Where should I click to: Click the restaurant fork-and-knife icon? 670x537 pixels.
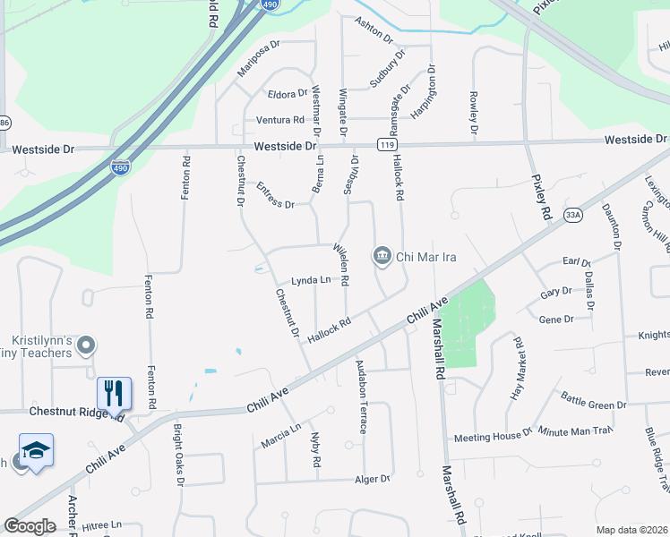pos(114,392)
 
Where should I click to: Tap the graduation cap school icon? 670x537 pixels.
pos(36,450)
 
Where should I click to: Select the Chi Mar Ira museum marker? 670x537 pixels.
pos(382,257)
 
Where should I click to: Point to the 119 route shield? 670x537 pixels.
pos(388,145)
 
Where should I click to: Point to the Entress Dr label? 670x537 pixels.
pos(275,197)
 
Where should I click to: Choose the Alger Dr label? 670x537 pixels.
pos(374,479)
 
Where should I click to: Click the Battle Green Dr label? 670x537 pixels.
pos(594,399)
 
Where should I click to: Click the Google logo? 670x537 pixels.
pos(30,526)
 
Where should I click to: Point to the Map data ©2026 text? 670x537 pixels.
pos(631,530)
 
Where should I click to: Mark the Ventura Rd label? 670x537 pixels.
pos(280,120)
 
